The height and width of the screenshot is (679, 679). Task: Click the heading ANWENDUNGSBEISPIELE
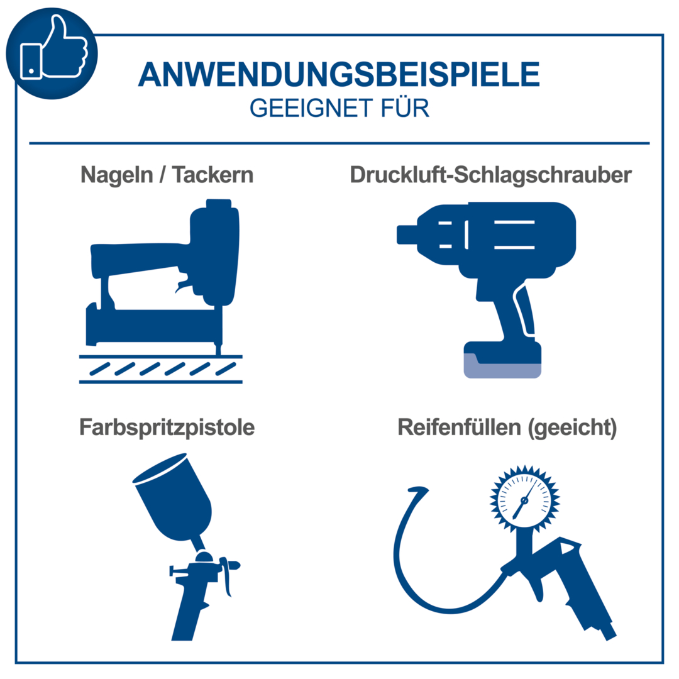339,75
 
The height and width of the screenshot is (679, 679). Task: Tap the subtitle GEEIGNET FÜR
339,108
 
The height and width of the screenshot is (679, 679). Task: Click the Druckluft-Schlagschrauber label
490,175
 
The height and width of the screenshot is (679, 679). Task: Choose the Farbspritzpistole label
167,428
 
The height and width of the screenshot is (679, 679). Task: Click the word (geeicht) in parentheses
573,428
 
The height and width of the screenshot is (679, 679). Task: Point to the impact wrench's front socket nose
407,234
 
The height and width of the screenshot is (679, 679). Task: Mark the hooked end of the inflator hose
418,490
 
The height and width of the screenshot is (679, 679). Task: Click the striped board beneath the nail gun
160,368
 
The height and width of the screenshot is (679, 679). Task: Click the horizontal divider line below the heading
339,143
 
